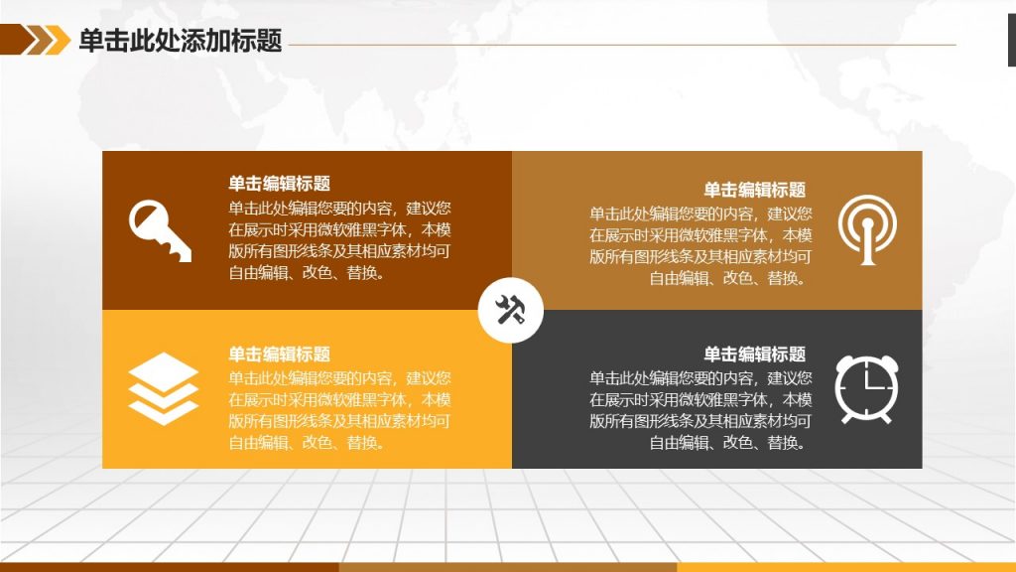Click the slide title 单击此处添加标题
click(181, 40)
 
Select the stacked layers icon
click(163, 388)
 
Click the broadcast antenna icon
click(867, 229)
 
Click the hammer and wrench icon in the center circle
click(511, 310)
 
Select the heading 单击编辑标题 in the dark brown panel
click(279, 184)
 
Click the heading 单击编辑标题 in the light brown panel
click(755, 190)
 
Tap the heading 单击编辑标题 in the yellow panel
click(279, 355)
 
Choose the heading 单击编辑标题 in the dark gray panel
click(755, 355)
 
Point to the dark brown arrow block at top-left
click(18, 40)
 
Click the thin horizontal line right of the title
click(622, 45)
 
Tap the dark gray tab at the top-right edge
click(1011, 40)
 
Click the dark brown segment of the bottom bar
click(169, 567)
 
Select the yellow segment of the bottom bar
click(846, 567)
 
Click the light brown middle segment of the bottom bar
click(508, 567)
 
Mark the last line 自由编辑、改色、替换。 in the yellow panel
click(308, 443)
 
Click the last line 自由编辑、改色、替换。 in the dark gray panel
click(728, 443)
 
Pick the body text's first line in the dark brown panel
click(339, 209)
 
